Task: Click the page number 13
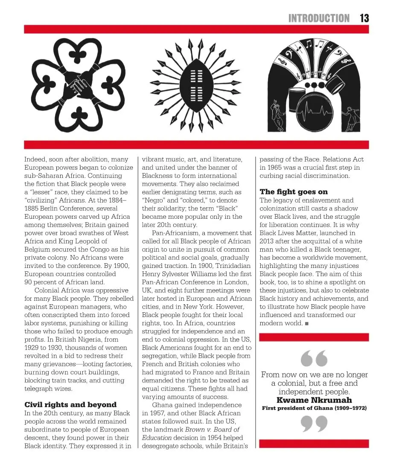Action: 364,18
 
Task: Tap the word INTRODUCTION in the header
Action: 319,18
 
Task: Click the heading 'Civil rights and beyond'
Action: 70,405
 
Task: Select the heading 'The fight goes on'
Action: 294,192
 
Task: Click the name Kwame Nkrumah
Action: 314,400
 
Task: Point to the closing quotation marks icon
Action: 314,424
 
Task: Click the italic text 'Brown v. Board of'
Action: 212,429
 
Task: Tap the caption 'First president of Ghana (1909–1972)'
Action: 314,408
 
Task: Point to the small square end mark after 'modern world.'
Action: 307,323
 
